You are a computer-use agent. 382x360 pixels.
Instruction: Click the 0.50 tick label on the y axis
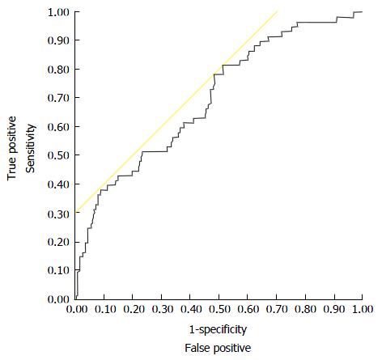[58, 155]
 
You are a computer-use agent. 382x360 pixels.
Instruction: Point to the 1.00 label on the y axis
[58, 12]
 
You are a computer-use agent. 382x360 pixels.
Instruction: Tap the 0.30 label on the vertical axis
[58, 214]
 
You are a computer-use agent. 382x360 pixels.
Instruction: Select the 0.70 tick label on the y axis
[58, 98]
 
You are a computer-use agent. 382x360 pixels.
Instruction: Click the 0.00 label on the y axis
[58, 299]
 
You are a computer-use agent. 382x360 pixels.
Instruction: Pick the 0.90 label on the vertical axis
[58, 40]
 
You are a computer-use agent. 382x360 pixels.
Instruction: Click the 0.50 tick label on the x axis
[219, 309]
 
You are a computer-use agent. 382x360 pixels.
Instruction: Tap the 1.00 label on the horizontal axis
[362, 309]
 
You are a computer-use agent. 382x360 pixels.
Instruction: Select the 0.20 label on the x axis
[134, 309]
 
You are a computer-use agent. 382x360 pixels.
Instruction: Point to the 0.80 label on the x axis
[305, 309]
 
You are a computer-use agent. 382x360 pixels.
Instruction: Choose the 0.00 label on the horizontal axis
[77, 309]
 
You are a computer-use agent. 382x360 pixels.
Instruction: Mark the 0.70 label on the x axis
[277, 309]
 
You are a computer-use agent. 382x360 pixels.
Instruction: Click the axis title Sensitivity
[31, 148]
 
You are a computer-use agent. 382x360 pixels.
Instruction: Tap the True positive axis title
[11, 148]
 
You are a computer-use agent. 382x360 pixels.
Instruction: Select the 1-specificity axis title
[218, 329]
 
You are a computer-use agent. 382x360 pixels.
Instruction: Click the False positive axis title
[218, 348]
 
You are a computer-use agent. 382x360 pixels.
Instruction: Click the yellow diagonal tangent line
[176, 111]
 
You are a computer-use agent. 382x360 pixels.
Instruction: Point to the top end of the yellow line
[278, 11]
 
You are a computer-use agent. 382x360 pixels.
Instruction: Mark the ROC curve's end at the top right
[362, 12]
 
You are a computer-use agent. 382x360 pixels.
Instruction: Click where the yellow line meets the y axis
[76, 212]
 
